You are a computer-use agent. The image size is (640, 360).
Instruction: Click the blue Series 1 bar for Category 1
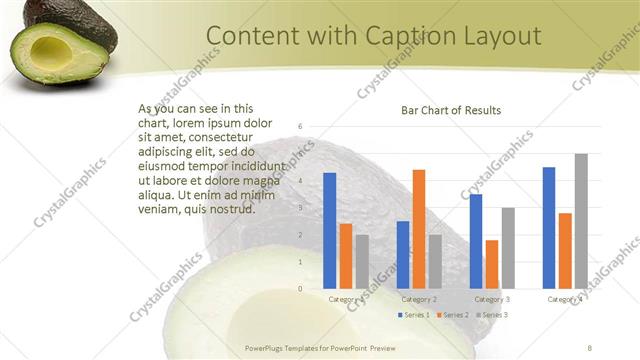pos(330,231)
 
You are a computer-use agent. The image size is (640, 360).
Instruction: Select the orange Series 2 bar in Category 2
pos(419,229)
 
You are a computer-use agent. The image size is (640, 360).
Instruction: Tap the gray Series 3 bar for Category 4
pos(581,221)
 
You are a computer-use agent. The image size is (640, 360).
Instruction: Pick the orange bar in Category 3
pos(492,264)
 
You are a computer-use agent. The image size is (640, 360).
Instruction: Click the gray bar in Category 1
pos(362,262)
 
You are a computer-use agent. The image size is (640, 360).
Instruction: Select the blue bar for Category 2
pos(403,255)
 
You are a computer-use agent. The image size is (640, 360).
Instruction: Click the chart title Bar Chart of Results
pos(451,110)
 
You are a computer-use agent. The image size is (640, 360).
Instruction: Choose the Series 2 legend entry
pos(451,315)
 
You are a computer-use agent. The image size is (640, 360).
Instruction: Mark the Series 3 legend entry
pos(491,315)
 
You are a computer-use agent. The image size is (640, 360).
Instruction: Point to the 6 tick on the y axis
pos(300,127)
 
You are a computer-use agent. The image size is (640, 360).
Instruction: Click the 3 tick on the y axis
pos(300,208)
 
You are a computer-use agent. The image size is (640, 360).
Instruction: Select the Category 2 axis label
pos(419,299)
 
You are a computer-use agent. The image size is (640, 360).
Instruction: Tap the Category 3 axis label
pos(492,299)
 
